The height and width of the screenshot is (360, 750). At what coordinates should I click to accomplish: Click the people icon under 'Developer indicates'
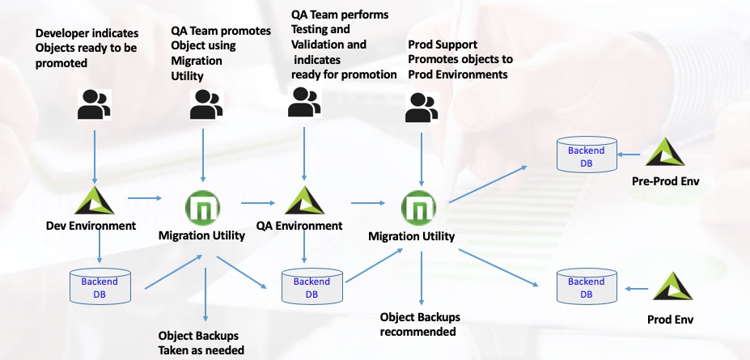click(94, 104)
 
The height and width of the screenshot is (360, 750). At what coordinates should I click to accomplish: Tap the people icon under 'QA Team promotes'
click(206, 104)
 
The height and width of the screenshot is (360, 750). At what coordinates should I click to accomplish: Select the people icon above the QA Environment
click(304, 102)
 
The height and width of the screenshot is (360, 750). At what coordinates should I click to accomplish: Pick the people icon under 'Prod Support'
click(422, 108)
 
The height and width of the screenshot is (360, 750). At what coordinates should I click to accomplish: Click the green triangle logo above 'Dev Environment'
click(94, 201)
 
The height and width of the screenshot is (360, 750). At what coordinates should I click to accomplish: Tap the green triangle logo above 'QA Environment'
click(305, 201)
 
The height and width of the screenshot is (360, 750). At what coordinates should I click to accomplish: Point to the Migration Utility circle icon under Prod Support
click(418, 208)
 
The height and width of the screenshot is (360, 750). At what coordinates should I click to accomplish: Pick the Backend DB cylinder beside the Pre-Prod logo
click(587, 155)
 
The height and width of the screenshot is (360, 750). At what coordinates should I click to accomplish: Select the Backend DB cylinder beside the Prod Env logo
click(587, 286)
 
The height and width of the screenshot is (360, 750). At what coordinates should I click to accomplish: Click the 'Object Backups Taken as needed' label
click(201, 343)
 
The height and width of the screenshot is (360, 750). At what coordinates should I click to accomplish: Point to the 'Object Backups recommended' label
click(420, 324)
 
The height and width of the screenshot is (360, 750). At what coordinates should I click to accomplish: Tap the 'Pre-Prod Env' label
click(665, 181)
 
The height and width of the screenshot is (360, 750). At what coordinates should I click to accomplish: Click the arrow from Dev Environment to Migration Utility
click(145, 198)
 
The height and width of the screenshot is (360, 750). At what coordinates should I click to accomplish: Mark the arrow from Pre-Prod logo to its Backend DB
click(629, 155)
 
